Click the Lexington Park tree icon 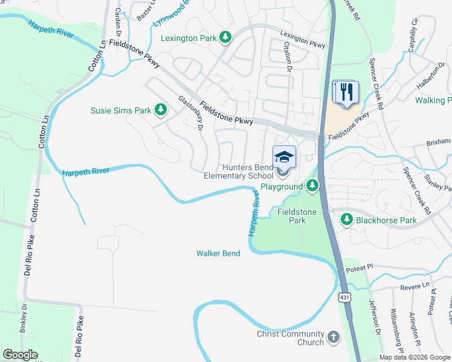pos(225,38)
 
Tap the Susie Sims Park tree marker pos(161,110)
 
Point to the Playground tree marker pos(312,186)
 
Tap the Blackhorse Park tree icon pos(347,220)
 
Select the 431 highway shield pos(344,297)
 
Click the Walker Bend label pos(218,253)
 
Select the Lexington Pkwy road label pos(302,39)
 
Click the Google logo pos(21,355)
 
